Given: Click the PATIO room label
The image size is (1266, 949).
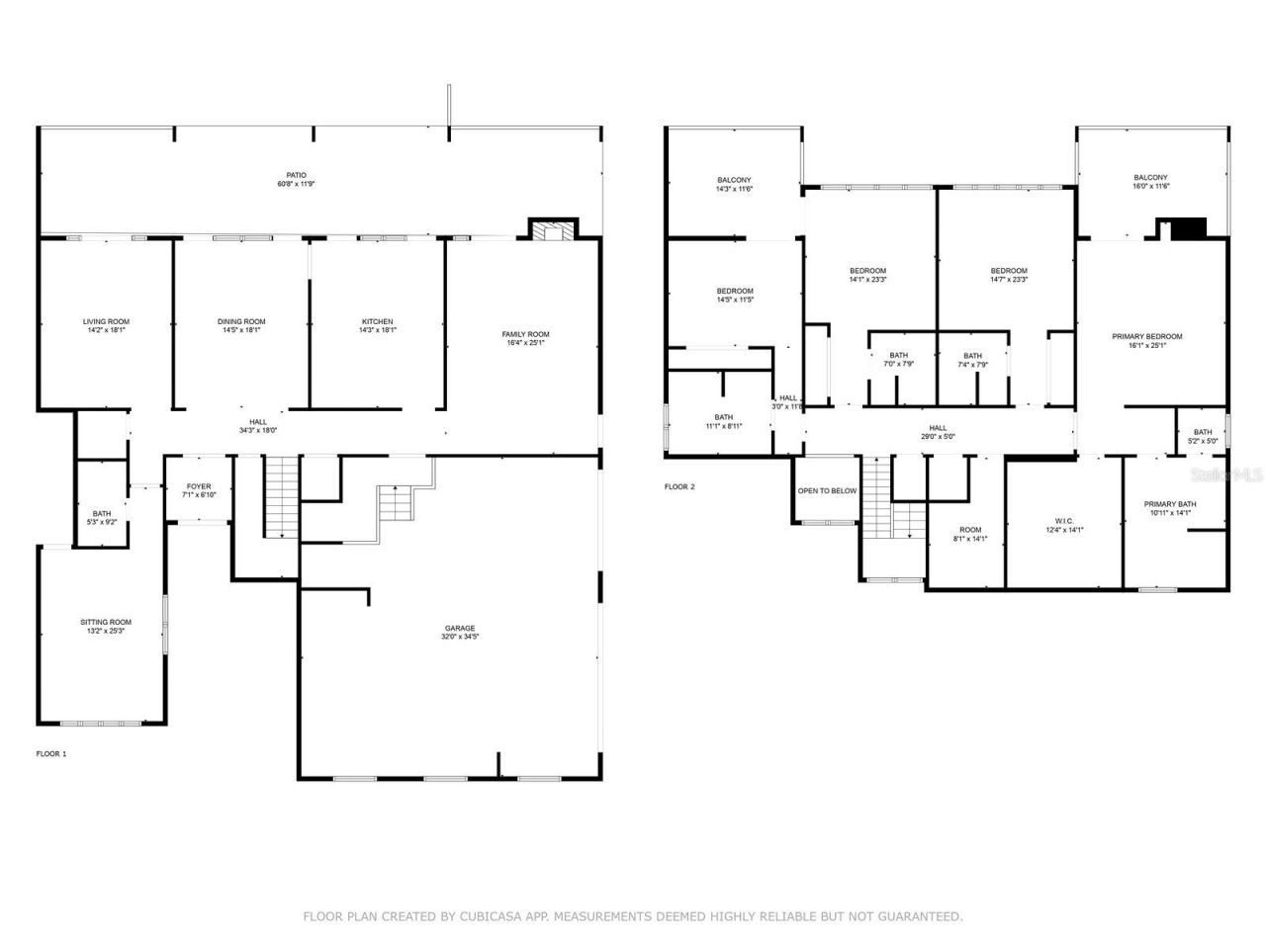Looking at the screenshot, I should coord(296,175).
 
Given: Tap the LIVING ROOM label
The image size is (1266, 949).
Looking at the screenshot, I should coord(106,321).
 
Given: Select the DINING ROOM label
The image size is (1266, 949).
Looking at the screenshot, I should coord(241,321).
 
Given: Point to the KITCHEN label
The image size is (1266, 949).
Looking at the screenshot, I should coord(377,321).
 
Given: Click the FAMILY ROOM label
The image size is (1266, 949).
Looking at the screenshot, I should coord(525,334).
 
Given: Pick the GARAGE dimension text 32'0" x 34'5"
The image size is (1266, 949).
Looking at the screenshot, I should coord(460,637).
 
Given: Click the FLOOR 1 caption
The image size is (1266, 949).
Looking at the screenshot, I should coord(51,753).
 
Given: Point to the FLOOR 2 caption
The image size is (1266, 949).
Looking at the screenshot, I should coord(679,486).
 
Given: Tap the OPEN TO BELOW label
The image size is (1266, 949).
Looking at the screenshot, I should coord(827,490).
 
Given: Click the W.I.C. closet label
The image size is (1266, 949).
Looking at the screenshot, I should coord(1064,521).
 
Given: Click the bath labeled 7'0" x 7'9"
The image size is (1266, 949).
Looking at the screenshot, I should coord(898,355).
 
